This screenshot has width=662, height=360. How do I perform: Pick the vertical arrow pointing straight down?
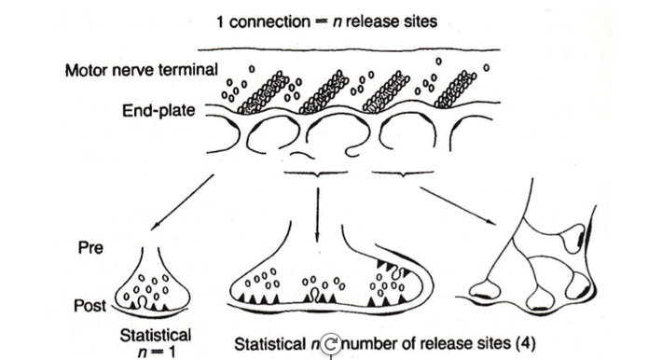click(320, 210)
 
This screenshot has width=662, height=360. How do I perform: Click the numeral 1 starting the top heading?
click(221, 21)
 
